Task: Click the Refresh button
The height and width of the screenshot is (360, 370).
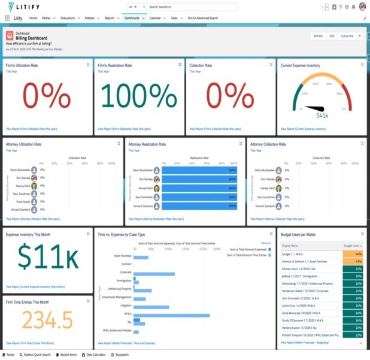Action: (x=318, y=36)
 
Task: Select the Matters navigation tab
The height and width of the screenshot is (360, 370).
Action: (x=90, y=19)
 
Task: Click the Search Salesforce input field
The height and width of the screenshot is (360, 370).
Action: (x=189, y=7)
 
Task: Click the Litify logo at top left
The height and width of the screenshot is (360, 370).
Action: (x=20, y=7)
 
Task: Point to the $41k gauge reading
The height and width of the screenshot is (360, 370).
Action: (x=322, y=115)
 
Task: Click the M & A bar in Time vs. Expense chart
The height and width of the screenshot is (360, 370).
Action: (x=171, y=314)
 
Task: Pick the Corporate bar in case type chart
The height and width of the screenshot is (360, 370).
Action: (x=153, y=274)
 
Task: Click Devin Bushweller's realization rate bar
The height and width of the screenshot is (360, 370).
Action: (x=199, y=170)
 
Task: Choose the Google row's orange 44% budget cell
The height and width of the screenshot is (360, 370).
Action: (x=353, y=254)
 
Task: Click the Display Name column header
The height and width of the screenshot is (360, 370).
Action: (x=290, y=246)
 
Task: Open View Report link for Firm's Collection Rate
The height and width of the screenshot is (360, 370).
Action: (x=215, y=129)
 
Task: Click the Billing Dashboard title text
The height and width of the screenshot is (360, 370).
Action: (x=32, y=38)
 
